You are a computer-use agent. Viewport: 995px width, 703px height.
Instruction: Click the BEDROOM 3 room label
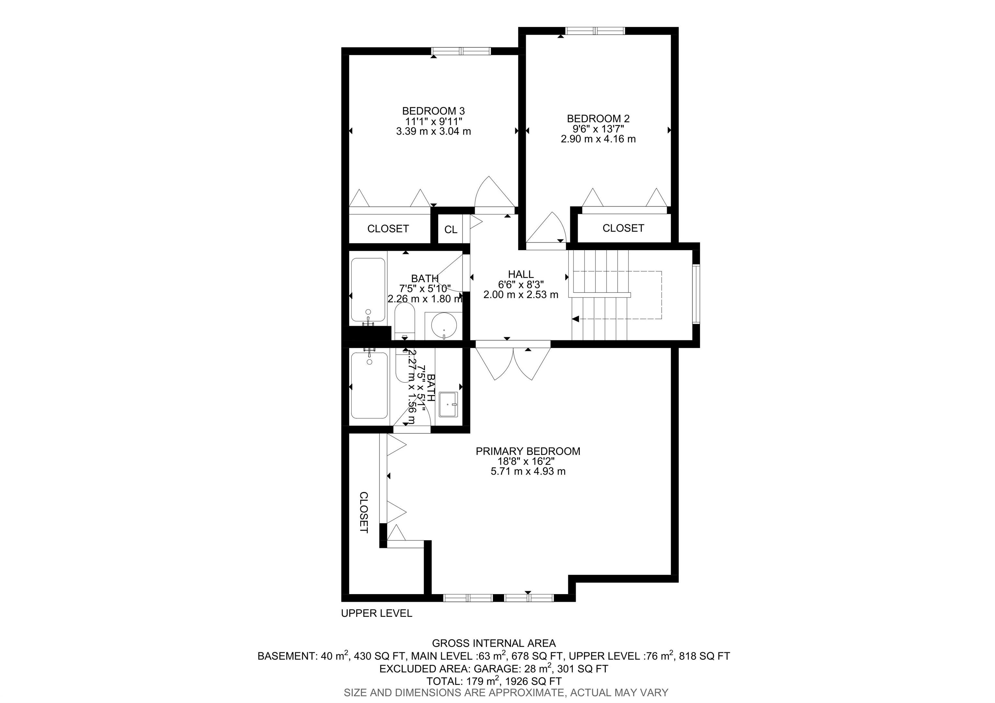[x=433, y=111]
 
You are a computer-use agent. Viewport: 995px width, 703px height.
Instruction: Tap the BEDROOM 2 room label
[x=598, y=118]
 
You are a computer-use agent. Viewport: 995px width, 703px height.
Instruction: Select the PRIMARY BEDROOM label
[x=528, y=451]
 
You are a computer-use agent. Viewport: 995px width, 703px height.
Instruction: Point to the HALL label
[x=521, y=274]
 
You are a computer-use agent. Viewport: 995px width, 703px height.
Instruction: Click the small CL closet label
[x=451, y=230]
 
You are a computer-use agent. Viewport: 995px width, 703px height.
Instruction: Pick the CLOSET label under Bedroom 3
[x=388, y=228]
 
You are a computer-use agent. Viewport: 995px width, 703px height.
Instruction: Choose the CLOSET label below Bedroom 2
[x=623, y=228]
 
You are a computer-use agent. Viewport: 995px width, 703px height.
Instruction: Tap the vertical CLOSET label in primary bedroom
[x=364, y=512]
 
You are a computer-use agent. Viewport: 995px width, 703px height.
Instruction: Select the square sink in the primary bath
[x=449, y=404]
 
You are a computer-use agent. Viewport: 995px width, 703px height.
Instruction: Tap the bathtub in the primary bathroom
[x=369, y=385]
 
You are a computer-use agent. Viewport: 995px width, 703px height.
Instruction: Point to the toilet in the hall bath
[x=405, y=321]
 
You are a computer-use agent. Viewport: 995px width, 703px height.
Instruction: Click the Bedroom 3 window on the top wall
[x=462, y=51]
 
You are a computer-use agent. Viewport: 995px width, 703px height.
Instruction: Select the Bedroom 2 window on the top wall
[x=595, y=31]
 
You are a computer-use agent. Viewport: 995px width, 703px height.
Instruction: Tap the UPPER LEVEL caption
[x=377, y=613]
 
